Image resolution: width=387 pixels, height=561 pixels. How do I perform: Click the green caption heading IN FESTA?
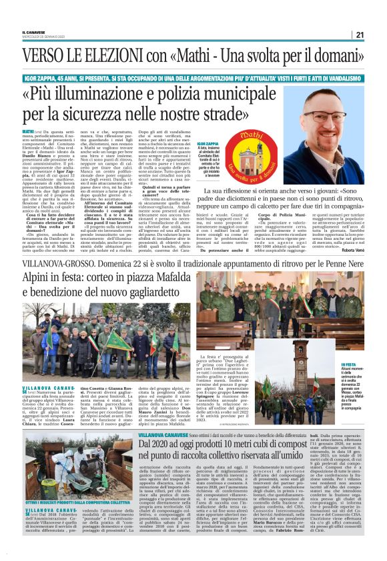349,365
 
